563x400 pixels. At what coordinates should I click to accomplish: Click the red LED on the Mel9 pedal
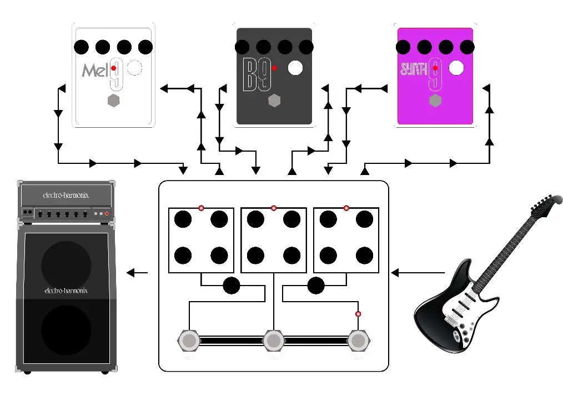(x=113, y=68)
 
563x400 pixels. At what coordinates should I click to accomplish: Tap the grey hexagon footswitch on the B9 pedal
(x=274, y=101)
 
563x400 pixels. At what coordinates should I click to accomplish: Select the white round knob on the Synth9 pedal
(x=456, y=68)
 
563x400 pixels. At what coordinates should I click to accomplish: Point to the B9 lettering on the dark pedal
(x=257, y=76)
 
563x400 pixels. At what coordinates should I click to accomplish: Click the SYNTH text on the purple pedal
(x=414, y=69)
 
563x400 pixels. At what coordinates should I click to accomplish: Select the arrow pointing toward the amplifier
(x=138, y=272)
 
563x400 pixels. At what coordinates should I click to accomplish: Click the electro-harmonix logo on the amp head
(x=66, y=195)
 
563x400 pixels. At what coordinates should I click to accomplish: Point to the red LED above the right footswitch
(x=358, y=314)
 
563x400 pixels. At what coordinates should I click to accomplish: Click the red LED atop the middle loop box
(x=274, y=208)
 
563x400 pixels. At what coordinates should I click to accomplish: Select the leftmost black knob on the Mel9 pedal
(x=82, y=47)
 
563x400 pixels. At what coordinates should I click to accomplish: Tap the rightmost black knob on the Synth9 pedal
(x=467, y=47)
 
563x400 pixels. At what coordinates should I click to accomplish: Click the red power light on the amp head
(x=108, y=214)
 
